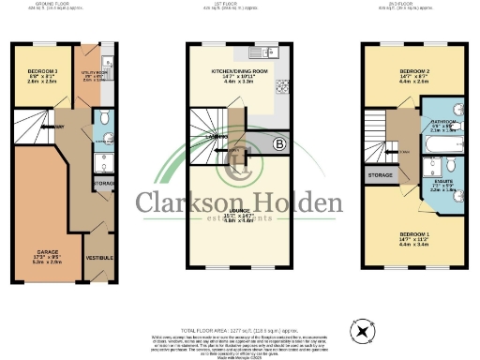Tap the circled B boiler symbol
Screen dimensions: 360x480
278,143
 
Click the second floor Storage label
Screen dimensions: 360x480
381,173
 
